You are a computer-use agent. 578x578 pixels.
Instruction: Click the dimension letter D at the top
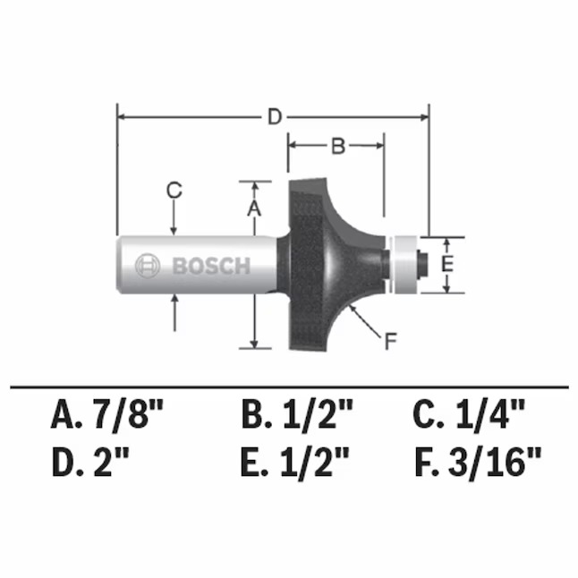275,116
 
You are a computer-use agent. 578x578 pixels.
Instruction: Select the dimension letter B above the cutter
337,147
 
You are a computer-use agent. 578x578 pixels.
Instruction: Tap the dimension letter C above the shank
174,190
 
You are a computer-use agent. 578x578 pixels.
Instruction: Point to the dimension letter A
253,208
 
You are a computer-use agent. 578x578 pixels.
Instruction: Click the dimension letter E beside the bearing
449,264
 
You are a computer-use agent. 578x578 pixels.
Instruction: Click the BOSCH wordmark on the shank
210,266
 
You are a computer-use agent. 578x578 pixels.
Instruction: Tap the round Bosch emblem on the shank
147,266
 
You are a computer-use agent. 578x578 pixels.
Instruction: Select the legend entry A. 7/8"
108,415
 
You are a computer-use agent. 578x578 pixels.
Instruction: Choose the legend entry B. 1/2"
297,415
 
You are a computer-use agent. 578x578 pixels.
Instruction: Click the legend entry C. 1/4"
468,415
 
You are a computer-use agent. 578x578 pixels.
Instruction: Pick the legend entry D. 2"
92,463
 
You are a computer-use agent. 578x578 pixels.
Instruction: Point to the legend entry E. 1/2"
297,463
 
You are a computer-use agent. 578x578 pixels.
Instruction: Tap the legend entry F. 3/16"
479,463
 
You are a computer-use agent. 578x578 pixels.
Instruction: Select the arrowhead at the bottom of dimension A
255,343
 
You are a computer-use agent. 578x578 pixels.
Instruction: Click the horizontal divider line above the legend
288,387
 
